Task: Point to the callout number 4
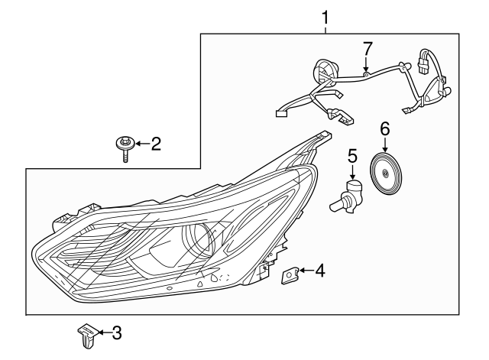(320, 270)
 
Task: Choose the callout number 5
(352, 157)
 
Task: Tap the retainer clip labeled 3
(86, 336)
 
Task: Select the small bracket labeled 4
(290, 274)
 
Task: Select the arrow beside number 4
(304, 270)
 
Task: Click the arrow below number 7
(368, 64)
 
